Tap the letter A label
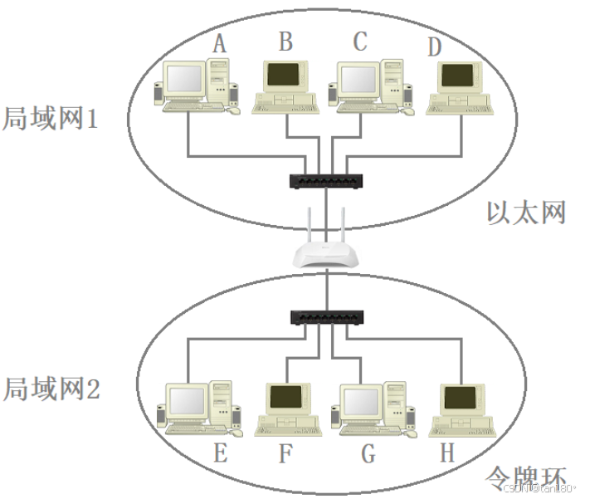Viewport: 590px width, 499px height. (219, 44)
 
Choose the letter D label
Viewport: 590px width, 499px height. (435, 47)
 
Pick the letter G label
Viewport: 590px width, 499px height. (368, 454)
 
